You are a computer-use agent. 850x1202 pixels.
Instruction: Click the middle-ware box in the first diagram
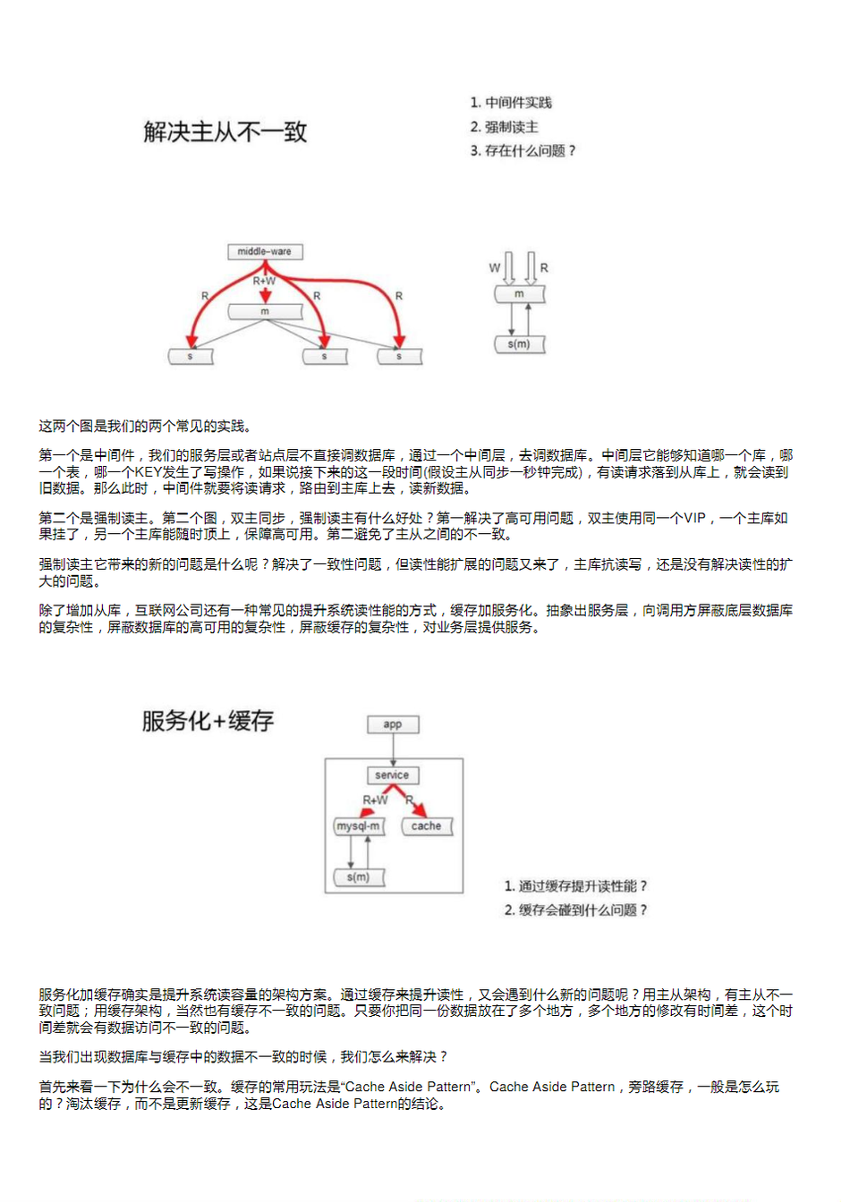point(265,252)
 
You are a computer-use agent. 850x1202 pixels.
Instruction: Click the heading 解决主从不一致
point(225,132)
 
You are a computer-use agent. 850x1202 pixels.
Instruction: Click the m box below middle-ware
point(265,311)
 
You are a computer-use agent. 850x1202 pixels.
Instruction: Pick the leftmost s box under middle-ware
point(191,356)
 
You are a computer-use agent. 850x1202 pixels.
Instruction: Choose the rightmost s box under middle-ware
point(399,356)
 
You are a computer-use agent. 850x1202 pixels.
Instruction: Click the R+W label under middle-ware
point(264,281)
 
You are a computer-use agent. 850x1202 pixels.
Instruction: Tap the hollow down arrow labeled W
point(510,267)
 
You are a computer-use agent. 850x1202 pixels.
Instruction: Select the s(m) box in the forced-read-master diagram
point(519,344)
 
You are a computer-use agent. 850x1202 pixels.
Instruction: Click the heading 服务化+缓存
point(208,721)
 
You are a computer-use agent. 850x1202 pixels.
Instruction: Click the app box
point(393,724)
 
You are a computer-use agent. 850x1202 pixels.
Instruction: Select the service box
point(393,775)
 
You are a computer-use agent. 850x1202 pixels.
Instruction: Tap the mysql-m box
point(359,826)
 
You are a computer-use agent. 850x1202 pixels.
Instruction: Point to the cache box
point(427,826)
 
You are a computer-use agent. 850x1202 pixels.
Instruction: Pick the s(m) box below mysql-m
point(359,877)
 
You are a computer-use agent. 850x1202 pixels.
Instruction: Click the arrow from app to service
point(393,749)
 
